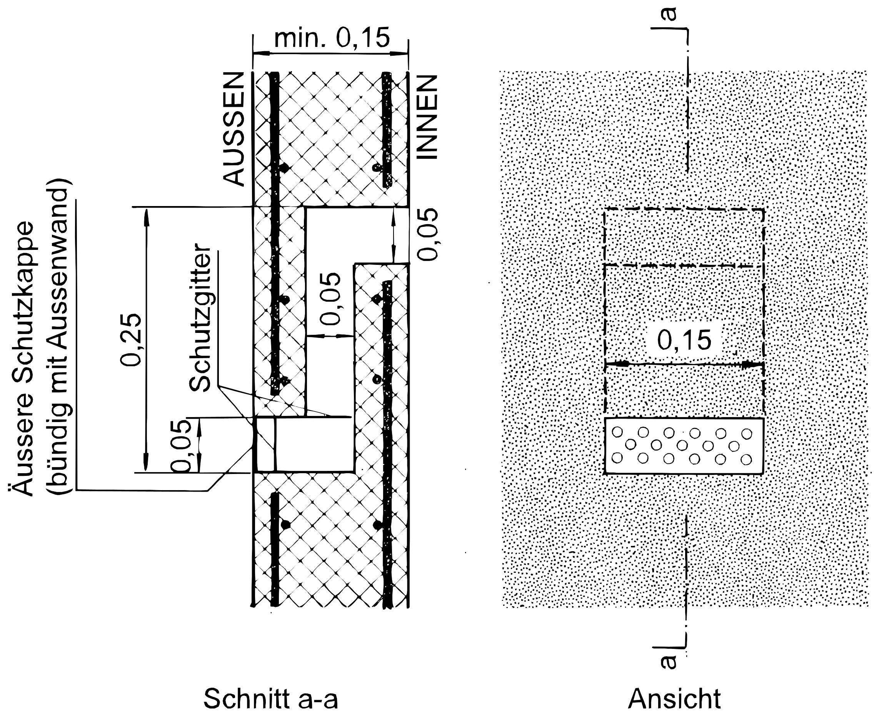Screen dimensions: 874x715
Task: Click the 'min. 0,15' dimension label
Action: tap(332, 38)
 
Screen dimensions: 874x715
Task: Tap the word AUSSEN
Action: tap(234, 129)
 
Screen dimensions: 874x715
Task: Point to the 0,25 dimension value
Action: tap(131, 340)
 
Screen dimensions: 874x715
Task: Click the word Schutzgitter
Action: tap(200, 318)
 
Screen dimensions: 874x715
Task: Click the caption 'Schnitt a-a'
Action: tap(271, 698)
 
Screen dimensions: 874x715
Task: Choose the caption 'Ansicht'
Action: tap(674, 698)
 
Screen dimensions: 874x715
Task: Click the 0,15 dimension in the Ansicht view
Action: tap(684, 340)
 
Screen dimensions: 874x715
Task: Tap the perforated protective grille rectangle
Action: tap(684, 446)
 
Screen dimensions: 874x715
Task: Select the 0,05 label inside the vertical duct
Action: tap(330, 298)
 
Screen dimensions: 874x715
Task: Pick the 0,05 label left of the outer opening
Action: tap(181, 446)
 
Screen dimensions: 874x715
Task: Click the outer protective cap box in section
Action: tap(264, 445)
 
